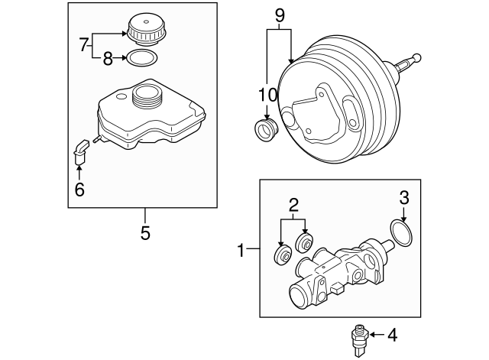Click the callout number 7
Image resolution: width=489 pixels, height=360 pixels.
click(85, 45)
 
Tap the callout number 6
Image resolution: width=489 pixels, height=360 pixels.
click(79, 189)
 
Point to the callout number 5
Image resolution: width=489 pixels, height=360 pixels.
click(145, 232)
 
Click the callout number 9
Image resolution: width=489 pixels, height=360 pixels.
click(279, 14)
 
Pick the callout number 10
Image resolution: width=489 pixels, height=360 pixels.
click(267, 96)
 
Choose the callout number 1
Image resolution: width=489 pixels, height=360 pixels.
click(241, 249)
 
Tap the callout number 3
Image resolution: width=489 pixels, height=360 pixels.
click(403, 198)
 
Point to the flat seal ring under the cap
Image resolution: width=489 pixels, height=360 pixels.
click(142, 58)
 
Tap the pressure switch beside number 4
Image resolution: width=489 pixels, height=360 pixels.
click(358, 338)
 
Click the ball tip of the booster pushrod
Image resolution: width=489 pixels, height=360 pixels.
click(417, 57)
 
